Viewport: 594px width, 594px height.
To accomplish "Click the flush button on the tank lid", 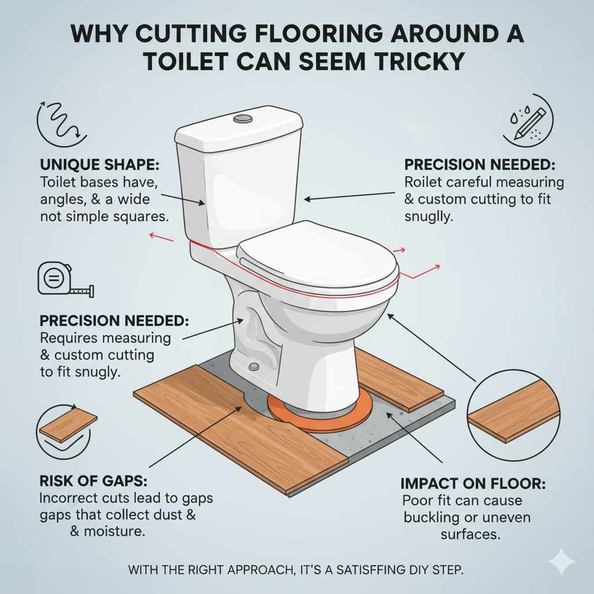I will (242, 119).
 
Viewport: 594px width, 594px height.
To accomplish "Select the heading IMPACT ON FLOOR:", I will (473, 483).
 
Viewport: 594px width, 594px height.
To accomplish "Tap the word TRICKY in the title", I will (410, 61).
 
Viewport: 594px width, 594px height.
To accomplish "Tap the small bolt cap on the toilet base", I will (253, 367).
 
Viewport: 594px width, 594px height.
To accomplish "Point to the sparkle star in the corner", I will (561, 562).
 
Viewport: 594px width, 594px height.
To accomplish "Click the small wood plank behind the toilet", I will (394, 380).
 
